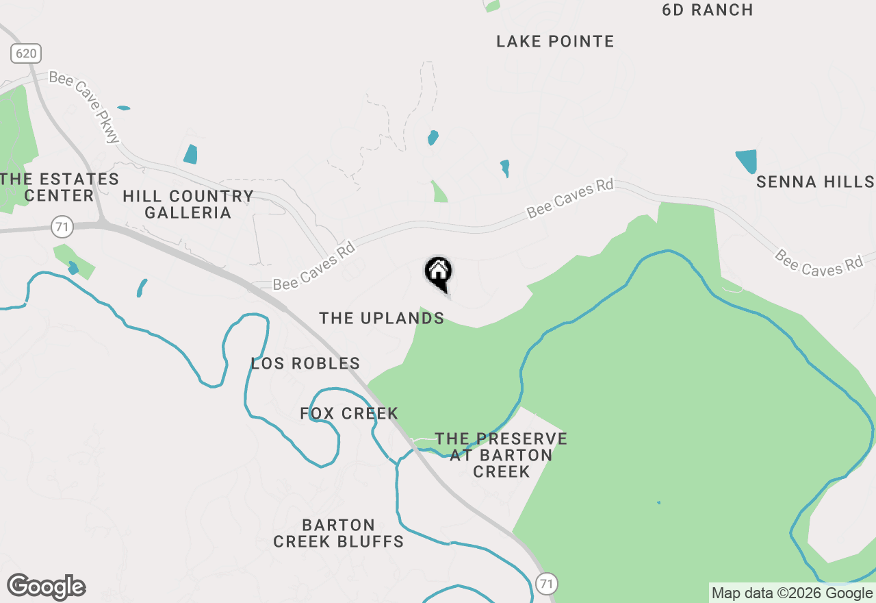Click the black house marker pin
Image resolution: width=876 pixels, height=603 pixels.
(x=438, y=273)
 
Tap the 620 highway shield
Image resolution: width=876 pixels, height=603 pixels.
(x=26, y=53)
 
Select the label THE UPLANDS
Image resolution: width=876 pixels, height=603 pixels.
(x=382, y=318)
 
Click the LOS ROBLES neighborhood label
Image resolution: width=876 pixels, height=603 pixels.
(x=305, y=363)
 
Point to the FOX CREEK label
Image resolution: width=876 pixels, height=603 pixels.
(x=349, y=413)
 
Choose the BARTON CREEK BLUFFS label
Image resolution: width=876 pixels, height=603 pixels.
(x=339, y=533)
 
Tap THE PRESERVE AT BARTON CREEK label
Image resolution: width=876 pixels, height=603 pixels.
(x=501, y=455)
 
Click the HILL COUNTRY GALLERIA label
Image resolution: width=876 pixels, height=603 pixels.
(x=188, y=204)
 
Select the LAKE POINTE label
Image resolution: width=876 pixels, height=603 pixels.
(x=555, y=42)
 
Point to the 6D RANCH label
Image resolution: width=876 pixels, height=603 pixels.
(x=708, y=10)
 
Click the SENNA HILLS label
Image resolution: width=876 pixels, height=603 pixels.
(x=815, y=182)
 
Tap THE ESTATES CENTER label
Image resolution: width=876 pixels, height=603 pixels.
(x=60, y=187)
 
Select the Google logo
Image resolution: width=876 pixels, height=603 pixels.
(x=46, y=587)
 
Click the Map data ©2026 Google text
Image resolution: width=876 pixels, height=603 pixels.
(x=792, y=593)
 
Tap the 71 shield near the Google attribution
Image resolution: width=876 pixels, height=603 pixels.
(x=545, y=584)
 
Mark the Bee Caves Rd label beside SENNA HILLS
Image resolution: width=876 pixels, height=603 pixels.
(x=819, y=262)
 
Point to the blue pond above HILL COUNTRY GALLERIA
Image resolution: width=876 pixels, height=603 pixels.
(x=190, y=154)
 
